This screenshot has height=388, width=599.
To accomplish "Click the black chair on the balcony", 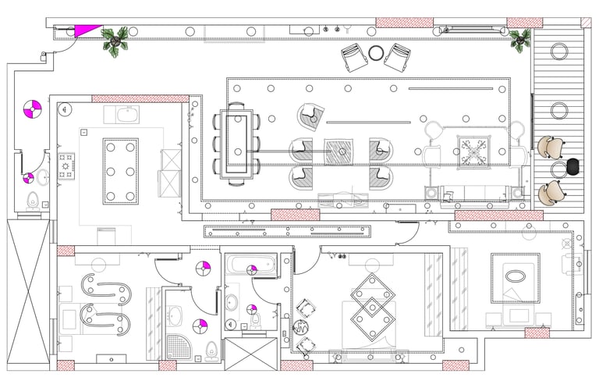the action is (575, 166).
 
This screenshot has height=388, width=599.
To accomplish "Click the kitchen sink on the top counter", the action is (129, 115).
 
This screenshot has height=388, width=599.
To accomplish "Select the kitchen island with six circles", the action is (120, 171).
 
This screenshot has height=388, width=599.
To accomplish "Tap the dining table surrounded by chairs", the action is (238, 144).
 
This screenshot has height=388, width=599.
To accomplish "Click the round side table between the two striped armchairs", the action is (377, 53).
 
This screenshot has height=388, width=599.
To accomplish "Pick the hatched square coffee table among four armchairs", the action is (339, 151).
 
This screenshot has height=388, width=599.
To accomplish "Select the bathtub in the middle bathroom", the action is (250, 265).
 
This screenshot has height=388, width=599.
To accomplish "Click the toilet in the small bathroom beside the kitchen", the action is (32, 201).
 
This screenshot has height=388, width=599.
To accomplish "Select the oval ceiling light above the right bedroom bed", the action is (515, 276).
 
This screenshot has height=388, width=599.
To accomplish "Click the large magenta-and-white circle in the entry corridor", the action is (32, 109).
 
